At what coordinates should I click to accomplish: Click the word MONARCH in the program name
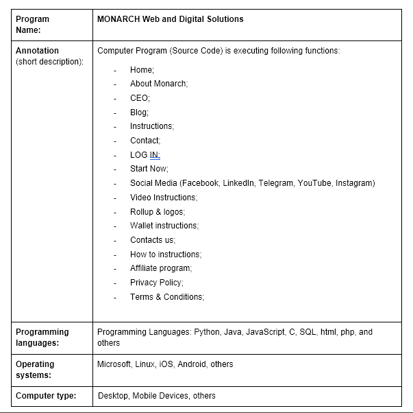tap(118, 19)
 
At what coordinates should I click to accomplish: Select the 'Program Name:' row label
tap(32, 24)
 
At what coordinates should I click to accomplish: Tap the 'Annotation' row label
tap(37, 51)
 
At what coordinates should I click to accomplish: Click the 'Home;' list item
tap(142, 70)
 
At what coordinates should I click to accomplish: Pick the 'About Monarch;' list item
tap(159, 84)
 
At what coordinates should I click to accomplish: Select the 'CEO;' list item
tap(140, 98)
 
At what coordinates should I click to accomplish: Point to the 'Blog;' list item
tap(139, 113)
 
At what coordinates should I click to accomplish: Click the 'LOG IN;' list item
tap(145, 155)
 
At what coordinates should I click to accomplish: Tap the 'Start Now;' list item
tap(149, 169)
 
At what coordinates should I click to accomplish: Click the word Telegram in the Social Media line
tap(276, 183)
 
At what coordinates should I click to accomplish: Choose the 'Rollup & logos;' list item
tap(157, 212)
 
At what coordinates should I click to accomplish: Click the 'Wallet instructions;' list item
tap(164, 226)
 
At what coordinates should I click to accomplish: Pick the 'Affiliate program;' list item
tap(161, 268)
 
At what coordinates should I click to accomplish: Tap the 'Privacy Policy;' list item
tap(157, 283)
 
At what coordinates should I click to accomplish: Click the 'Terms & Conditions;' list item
tap(167, 297)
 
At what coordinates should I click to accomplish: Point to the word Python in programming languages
tap(207, 332)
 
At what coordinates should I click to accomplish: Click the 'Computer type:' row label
tap(46, 395)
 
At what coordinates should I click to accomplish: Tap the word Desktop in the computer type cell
tap(113, 396)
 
